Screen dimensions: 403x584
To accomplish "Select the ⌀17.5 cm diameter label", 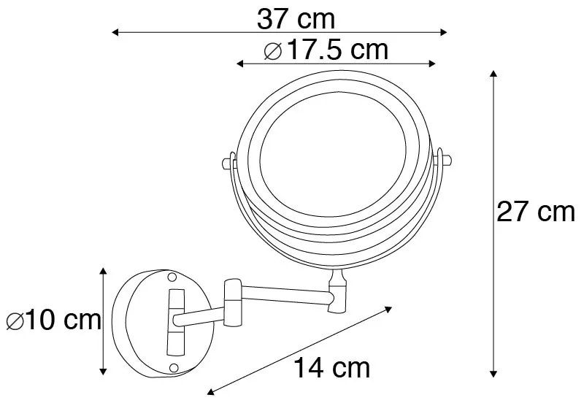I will click(x=326, y=50).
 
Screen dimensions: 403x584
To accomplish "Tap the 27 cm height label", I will click(x=536, y=212).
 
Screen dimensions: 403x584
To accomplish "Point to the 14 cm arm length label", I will click(x=331, y=367).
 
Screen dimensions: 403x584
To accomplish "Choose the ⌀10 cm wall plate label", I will click(x=53, y=321).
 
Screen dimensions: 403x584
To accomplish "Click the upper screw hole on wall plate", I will click(x=173, y=277).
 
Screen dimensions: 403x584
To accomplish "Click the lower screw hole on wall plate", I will click(x=174, y=366).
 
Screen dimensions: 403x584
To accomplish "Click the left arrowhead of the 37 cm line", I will click(x=114, y=32).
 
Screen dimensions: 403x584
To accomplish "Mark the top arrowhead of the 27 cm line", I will click(x=494, y=74).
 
